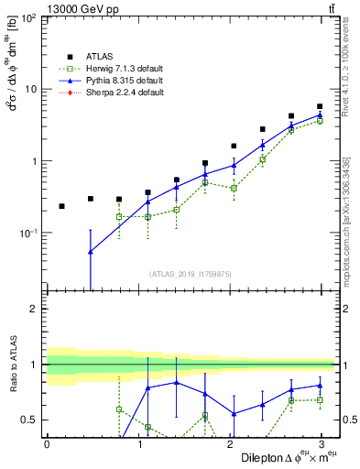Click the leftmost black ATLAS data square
[61, 206]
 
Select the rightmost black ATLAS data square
[320, 107]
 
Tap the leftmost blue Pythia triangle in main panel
[90, 252]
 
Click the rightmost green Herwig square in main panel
[320, 121]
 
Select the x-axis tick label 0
[47, 443]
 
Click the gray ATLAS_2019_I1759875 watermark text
[191, 272]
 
